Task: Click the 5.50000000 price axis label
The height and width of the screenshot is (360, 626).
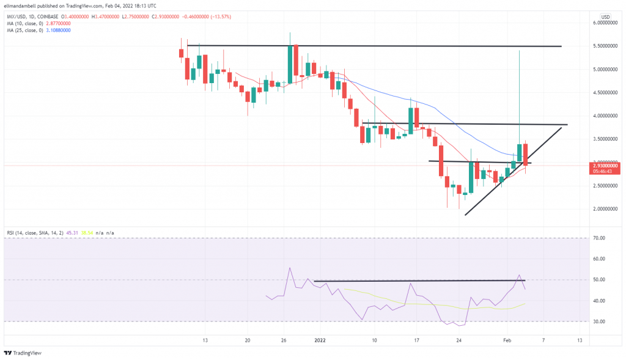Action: click(x=606, y=46)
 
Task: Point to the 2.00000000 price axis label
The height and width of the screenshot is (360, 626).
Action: click(x=606, y=209)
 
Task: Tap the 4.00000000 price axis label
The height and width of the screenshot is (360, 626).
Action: click(x=606, y=116)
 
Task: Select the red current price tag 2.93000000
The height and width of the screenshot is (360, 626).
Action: click(x=606, y=165)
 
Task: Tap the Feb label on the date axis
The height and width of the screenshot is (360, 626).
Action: click(x=507, y=340)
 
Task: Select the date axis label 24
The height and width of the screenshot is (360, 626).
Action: click(x=458, y=340)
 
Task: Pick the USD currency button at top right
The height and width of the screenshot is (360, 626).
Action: click(x=605, y=17)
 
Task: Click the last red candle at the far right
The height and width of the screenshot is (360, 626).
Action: click(x=526, y=155)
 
